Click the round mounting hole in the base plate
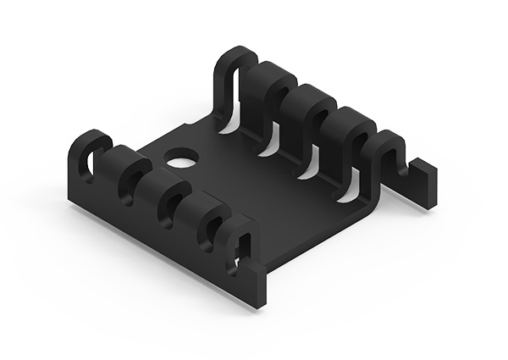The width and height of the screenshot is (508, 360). (179, 158)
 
